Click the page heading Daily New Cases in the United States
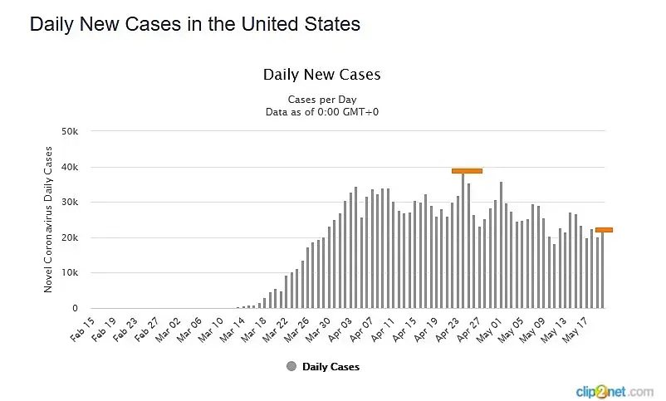(195, 25)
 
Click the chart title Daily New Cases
(321, 74)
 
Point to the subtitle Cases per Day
(321, 99)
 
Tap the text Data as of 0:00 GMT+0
(322, 111)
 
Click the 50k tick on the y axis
(70, 131)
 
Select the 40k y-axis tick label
(70, 167)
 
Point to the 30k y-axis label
(70, 203)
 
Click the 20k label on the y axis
(70, 237)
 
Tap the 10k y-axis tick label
(70, 273)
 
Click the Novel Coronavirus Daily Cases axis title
(48, 219)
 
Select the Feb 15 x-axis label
(83, 328)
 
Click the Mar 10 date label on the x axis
(213, 328)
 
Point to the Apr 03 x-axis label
(342, 328)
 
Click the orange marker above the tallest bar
(467, 170)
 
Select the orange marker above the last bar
(604, 229)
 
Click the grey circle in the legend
(291, 366)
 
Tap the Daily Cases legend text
(331, 366)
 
